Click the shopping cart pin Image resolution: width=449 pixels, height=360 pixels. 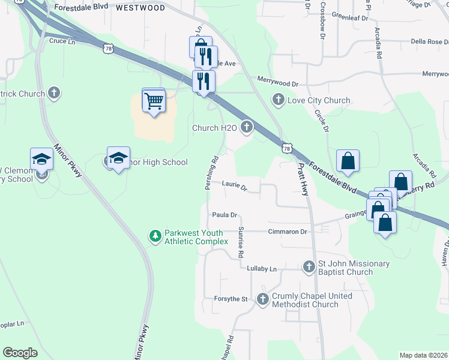[154, 100]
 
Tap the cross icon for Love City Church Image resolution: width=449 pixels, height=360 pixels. [278, 100]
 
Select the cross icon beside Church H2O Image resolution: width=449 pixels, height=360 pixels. [246, 127]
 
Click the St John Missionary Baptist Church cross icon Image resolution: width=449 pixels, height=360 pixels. [309, 266]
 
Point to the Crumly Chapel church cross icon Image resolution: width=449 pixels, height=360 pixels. [262, 299]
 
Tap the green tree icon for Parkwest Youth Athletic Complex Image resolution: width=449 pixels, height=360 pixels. [155, 236]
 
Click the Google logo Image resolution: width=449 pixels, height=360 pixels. [20, 353]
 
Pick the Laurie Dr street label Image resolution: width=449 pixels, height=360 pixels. [235, 187]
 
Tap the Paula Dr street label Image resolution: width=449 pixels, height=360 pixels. [225, 215]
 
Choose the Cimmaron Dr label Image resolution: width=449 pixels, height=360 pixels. [288, 232]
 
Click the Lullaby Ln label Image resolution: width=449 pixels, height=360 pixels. [262, 269]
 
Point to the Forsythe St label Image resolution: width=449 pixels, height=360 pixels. [231, 299]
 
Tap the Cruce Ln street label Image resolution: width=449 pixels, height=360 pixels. [62, 41]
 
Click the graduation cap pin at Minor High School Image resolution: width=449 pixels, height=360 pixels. [118, 158]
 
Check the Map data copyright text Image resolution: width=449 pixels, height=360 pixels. [423, 355]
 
